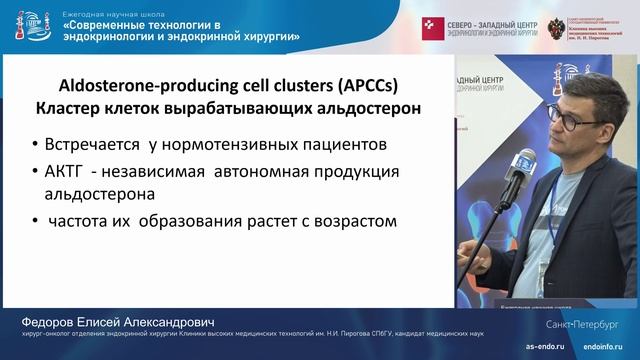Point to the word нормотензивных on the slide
pyautogui.click(x=249, y=145)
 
